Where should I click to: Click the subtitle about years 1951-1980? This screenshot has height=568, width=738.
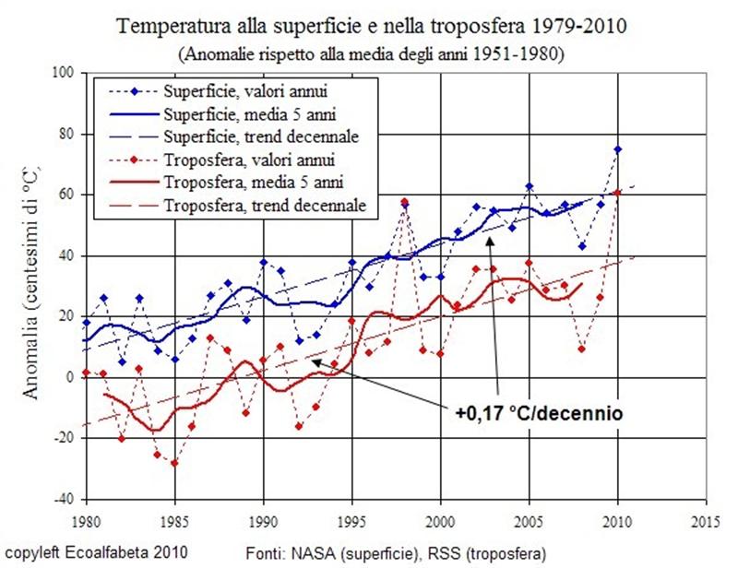click(x=369, y=53)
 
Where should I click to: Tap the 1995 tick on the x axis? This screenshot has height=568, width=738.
click(x=352, y=518)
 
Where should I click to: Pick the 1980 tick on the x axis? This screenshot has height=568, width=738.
click(x=87, y=518)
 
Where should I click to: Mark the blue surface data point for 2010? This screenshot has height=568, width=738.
click(x=617, y=149)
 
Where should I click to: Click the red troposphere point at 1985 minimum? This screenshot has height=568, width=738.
click(x=174, y=463)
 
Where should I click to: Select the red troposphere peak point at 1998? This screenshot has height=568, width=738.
click(x=404, y=201)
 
